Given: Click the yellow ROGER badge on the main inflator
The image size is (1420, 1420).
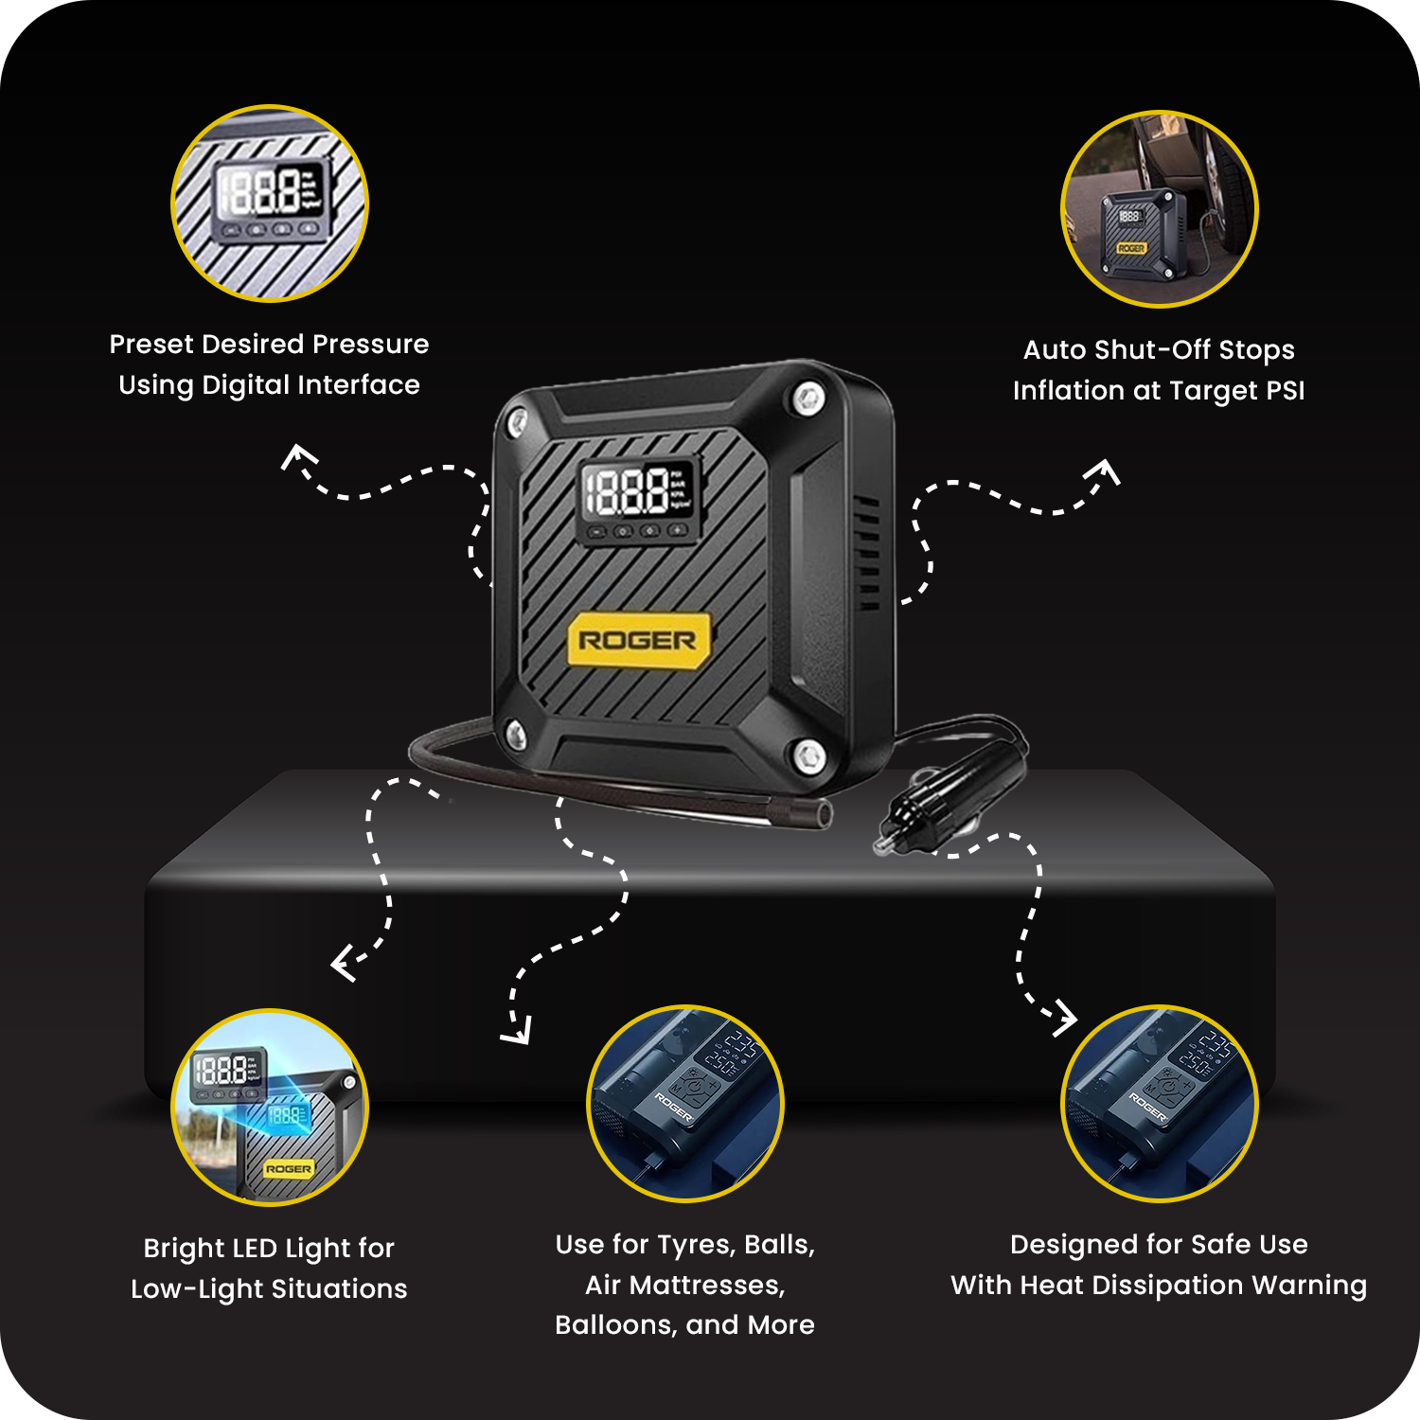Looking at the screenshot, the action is click(x=637, y=641).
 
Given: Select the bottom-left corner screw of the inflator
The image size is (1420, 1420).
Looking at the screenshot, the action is click(x=516, y=732).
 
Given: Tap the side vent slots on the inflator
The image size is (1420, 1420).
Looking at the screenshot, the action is click(x=868, y=553).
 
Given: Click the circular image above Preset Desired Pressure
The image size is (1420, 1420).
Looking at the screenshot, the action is click(x=270, y=204).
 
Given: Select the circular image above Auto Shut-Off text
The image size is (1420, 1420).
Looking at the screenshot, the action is click(x=1160, y=209).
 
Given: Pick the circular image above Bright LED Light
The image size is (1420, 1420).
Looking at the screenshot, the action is click(x=270, y=1108).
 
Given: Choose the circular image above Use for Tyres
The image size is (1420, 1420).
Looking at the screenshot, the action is click(x=685, y=1104).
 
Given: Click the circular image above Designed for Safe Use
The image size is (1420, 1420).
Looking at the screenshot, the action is click(x=1160, y=1104).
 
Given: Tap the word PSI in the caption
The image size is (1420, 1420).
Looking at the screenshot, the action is click(x=1285, y=390).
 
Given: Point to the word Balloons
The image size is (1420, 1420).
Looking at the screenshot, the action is click(x=615, y=1324).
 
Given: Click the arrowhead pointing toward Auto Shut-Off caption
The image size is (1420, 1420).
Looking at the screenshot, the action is click(x=1105, y=470).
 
